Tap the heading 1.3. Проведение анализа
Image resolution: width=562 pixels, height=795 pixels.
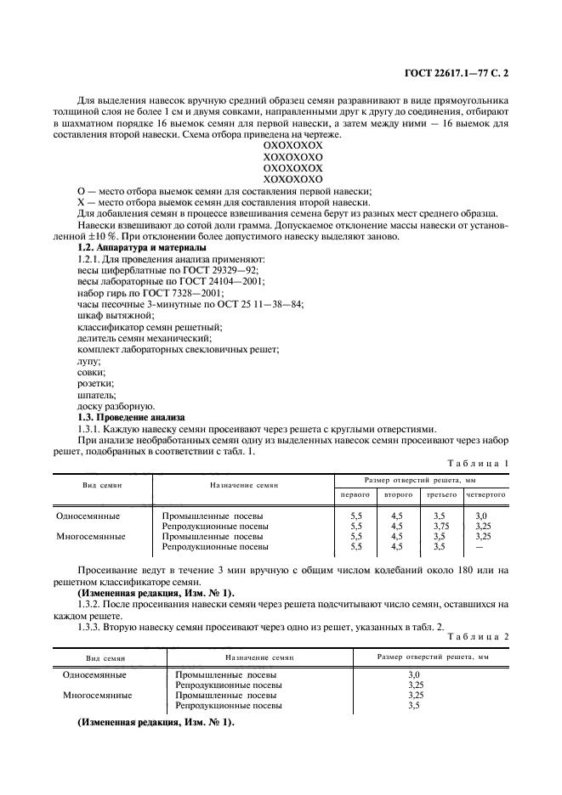[130, 417]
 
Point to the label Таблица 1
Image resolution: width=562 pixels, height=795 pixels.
[477, 462]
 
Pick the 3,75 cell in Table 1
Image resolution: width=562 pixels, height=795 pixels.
[439, 526]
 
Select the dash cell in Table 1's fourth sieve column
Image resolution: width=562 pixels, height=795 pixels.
[481, 547]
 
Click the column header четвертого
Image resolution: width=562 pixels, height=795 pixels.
[485, 493]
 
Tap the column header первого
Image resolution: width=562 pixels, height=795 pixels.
[355, 493]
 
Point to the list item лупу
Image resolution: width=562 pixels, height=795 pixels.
[88, 361]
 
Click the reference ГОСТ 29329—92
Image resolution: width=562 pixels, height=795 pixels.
[197, 269]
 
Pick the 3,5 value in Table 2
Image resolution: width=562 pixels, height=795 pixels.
[415, 705]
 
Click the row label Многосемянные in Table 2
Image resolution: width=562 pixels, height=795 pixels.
[98, 695]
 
